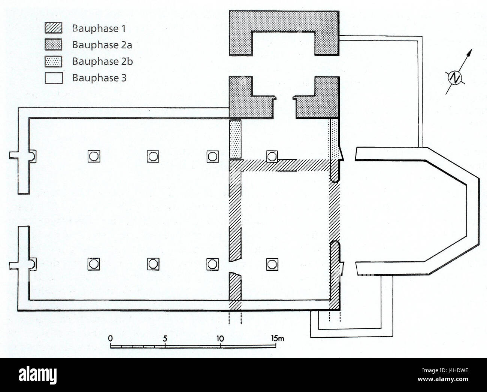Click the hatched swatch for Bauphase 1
(x=54, y=28)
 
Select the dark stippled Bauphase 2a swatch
(x=54, y=44)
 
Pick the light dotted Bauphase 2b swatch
(x=54, y=61)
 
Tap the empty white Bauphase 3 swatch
(x=54, y=78)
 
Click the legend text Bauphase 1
(x=99, y=28)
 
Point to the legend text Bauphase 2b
(x=102, y=61)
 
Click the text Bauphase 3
(x=99, y=78)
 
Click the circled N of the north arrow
(x=455, y=78)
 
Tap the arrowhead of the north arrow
(x=470, y=52)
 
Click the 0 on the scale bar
(x=110, y=338)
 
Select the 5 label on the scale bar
(x=165, y=338)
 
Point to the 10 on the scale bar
(x=220, y=338)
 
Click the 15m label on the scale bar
(x=278, y=338)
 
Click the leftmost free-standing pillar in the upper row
(x=94, y=156)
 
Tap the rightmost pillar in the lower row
(x=272, y=264)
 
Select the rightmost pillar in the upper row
(x=272, y=156)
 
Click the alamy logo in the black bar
(x=37, y=376)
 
